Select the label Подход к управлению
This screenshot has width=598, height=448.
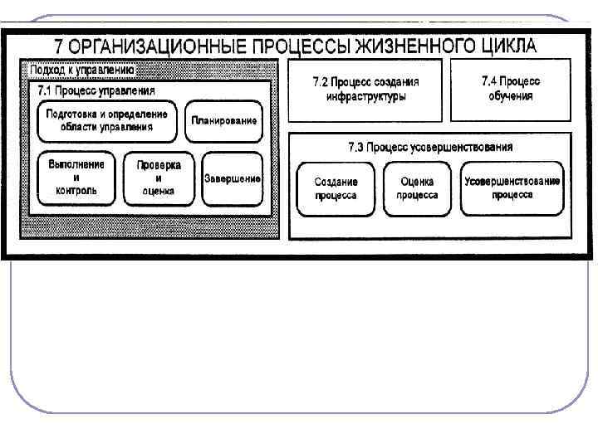coord(83,71)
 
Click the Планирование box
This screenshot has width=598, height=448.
coord(224,121)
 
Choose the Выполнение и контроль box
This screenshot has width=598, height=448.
coord(76,178)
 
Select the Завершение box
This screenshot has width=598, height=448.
coord(232,178)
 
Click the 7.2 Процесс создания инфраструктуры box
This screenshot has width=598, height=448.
coord(365,90)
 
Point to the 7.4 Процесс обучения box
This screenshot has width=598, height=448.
coord(510,89)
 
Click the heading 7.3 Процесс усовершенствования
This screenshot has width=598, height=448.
coord(429,147)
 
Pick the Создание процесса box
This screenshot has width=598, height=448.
coord(336,188)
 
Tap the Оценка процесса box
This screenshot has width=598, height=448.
coord(416,188)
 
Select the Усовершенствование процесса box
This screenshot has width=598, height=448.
coord(512,188)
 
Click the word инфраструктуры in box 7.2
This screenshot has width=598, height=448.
coord(365,96)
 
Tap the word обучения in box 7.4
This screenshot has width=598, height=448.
coord(510,95)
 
